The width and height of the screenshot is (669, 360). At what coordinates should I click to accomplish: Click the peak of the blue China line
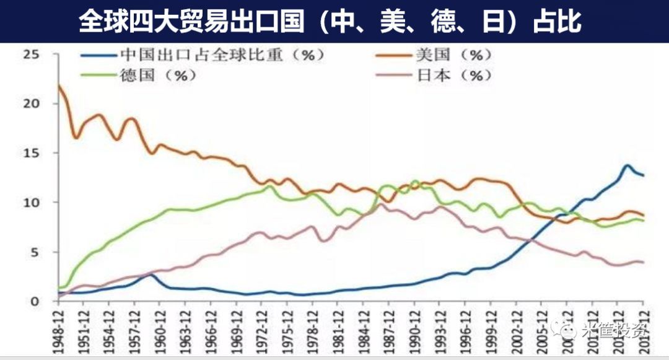click(x=627, y=165)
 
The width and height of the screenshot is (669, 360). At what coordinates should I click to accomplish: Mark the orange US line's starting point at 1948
click(x=58, y=85)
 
